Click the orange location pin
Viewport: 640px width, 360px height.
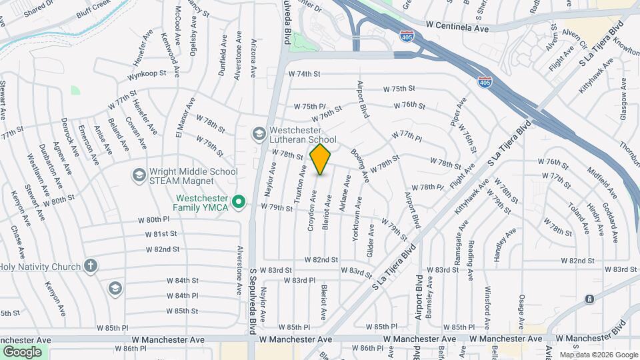click(321, 159)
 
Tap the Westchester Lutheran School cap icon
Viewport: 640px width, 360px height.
click(258, 134)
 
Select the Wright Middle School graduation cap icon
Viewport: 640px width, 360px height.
click(139, 175)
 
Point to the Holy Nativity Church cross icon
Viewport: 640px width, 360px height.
click(91, 266)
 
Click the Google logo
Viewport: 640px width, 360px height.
click(22, 351)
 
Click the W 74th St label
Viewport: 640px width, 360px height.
click(305, 74)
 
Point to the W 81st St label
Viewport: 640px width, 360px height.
click(163, 234)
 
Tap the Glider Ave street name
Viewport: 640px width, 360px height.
click(371, 241)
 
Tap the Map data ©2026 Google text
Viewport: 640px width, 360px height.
click(598, 355)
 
